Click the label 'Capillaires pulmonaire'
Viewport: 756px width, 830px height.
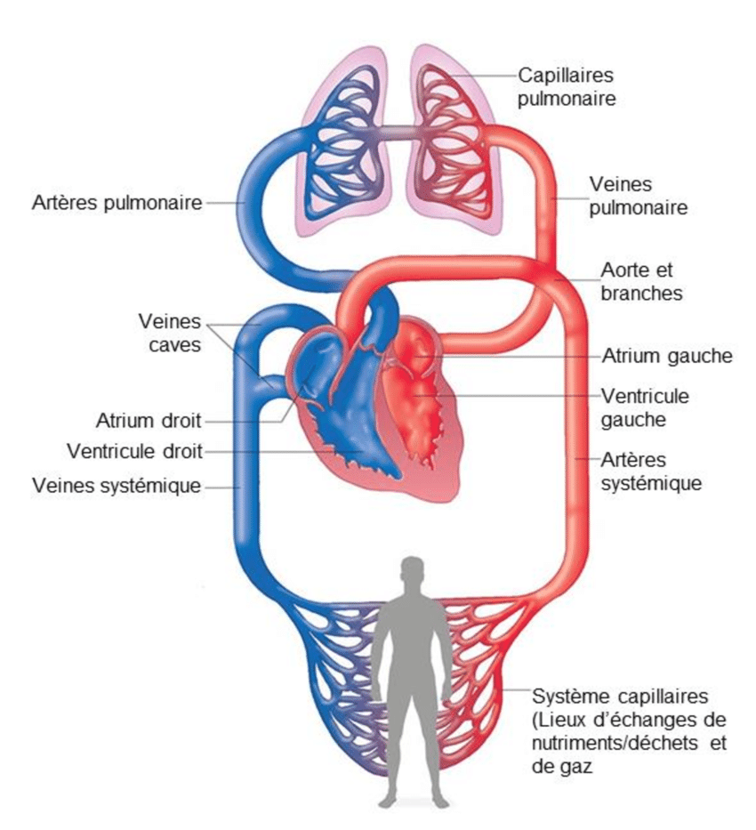(x=567, y=86)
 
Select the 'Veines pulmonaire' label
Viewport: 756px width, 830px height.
(x=638, y=197)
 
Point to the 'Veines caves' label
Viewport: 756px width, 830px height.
(x=170, y=332)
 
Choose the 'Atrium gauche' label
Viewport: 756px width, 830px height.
(x=667, y=356)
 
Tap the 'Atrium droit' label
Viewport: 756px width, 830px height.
(x=148, y=419)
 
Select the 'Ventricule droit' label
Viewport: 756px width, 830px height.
(x=135, y=451)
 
